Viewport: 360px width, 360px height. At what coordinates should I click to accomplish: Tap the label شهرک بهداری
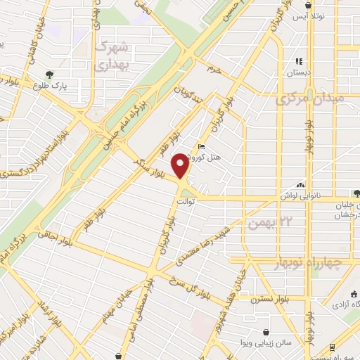click(x=113, y=54)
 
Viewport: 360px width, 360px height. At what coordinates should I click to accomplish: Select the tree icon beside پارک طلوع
click(x=49, y=75)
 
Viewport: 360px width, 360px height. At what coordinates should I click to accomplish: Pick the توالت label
click(x=186, y=201)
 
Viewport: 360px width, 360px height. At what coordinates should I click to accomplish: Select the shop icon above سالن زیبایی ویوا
click(x=266, y=332)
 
